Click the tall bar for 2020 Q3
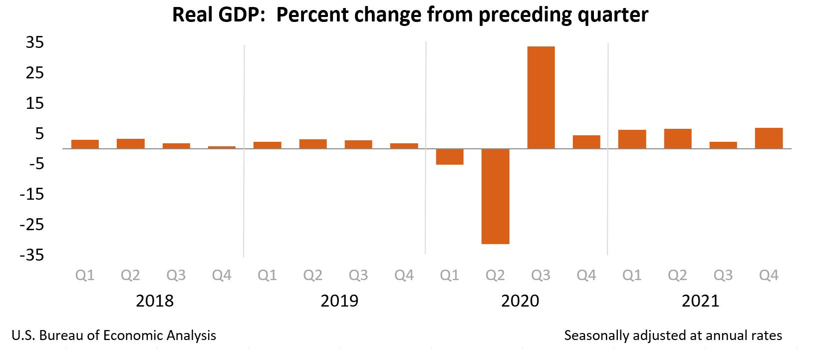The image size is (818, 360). (x=541, y=97)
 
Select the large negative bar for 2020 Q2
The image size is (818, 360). (x=495, y=196)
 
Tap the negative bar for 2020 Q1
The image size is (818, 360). (x=450, y=157)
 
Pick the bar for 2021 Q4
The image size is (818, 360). (x=769, y=138)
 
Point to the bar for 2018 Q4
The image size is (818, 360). (x=222, y=147)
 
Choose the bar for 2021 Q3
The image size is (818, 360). (x=723, y=145)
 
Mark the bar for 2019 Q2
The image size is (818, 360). (x=313, y=144)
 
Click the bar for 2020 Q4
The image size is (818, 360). (x=586, y=142)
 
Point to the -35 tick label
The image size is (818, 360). (x=31, y=255)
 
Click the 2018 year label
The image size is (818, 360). (x=155, y=301)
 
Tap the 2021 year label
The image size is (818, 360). (x=700, y=301)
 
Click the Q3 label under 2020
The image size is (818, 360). (x=541, y=275)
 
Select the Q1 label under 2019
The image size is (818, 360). (x=268, y=275)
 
